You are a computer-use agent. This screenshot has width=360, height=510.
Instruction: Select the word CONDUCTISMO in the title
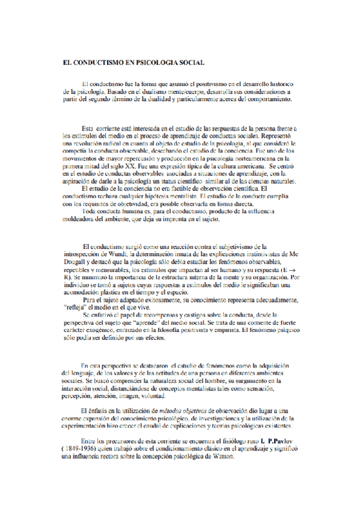point(101,62)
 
